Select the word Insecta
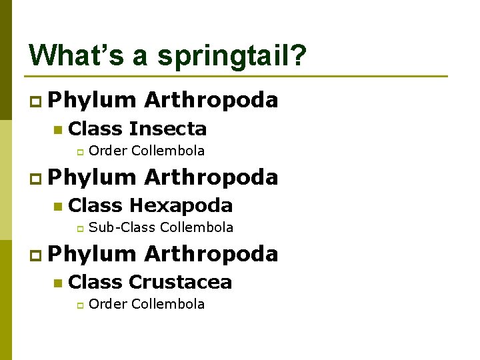pos(168,129)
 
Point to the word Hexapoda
pos(181,205)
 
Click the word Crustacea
pos(180,282)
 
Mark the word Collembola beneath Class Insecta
pos(168,151)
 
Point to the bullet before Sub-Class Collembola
pos(78,229)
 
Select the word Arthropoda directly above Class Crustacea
pos(211,254)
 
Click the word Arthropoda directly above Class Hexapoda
pos(211,177)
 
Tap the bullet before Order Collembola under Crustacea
pos(78,305)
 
